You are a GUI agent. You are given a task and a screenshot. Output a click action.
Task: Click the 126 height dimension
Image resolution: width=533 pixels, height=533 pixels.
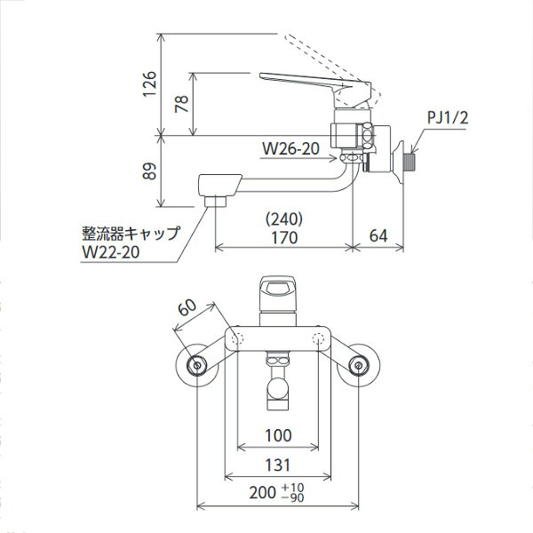point(149,84)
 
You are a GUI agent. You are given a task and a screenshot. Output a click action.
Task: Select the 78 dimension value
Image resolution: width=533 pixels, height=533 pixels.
point(181,104)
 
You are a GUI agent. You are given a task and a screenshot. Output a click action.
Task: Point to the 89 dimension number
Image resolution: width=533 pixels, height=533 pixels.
point(149,171)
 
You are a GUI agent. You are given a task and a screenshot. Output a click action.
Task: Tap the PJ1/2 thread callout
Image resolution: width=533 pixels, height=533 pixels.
point(448,117)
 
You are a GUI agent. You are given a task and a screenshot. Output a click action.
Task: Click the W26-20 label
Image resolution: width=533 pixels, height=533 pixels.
point(291,148)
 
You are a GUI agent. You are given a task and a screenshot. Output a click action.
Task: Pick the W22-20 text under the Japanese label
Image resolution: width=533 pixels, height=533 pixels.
point(111,252)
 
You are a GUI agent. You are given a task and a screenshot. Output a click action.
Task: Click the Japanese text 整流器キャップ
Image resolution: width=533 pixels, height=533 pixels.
point(131,234)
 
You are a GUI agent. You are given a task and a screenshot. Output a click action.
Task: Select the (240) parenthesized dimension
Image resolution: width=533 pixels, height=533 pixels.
point(284,219)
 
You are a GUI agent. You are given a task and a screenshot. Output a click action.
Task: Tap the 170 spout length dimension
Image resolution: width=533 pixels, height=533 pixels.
point(284,237)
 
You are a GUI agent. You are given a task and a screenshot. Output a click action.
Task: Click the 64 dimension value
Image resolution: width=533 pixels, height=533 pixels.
point(378,235)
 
